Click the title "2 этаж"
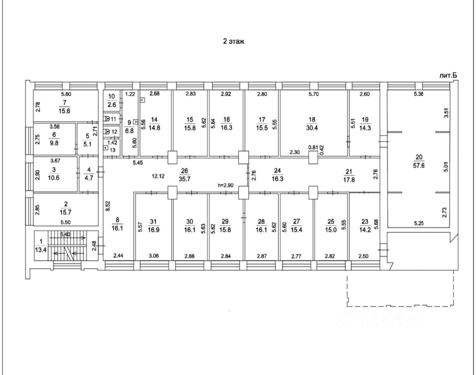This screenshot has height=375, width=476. pyautogui.click(x=234, y=42)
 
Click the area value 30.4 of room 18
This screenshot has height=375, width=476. pyautogui.click(x=312, y=127)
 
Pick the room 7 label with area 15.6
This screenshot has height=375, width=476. pyautogui.click(x=64, y=106)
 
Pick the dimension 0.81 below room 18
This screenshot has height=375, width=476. pyautogui.click(x=313, y=147)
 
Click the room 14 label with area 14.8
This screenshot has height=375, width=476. pyautogui.click(x=155, y=123)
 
